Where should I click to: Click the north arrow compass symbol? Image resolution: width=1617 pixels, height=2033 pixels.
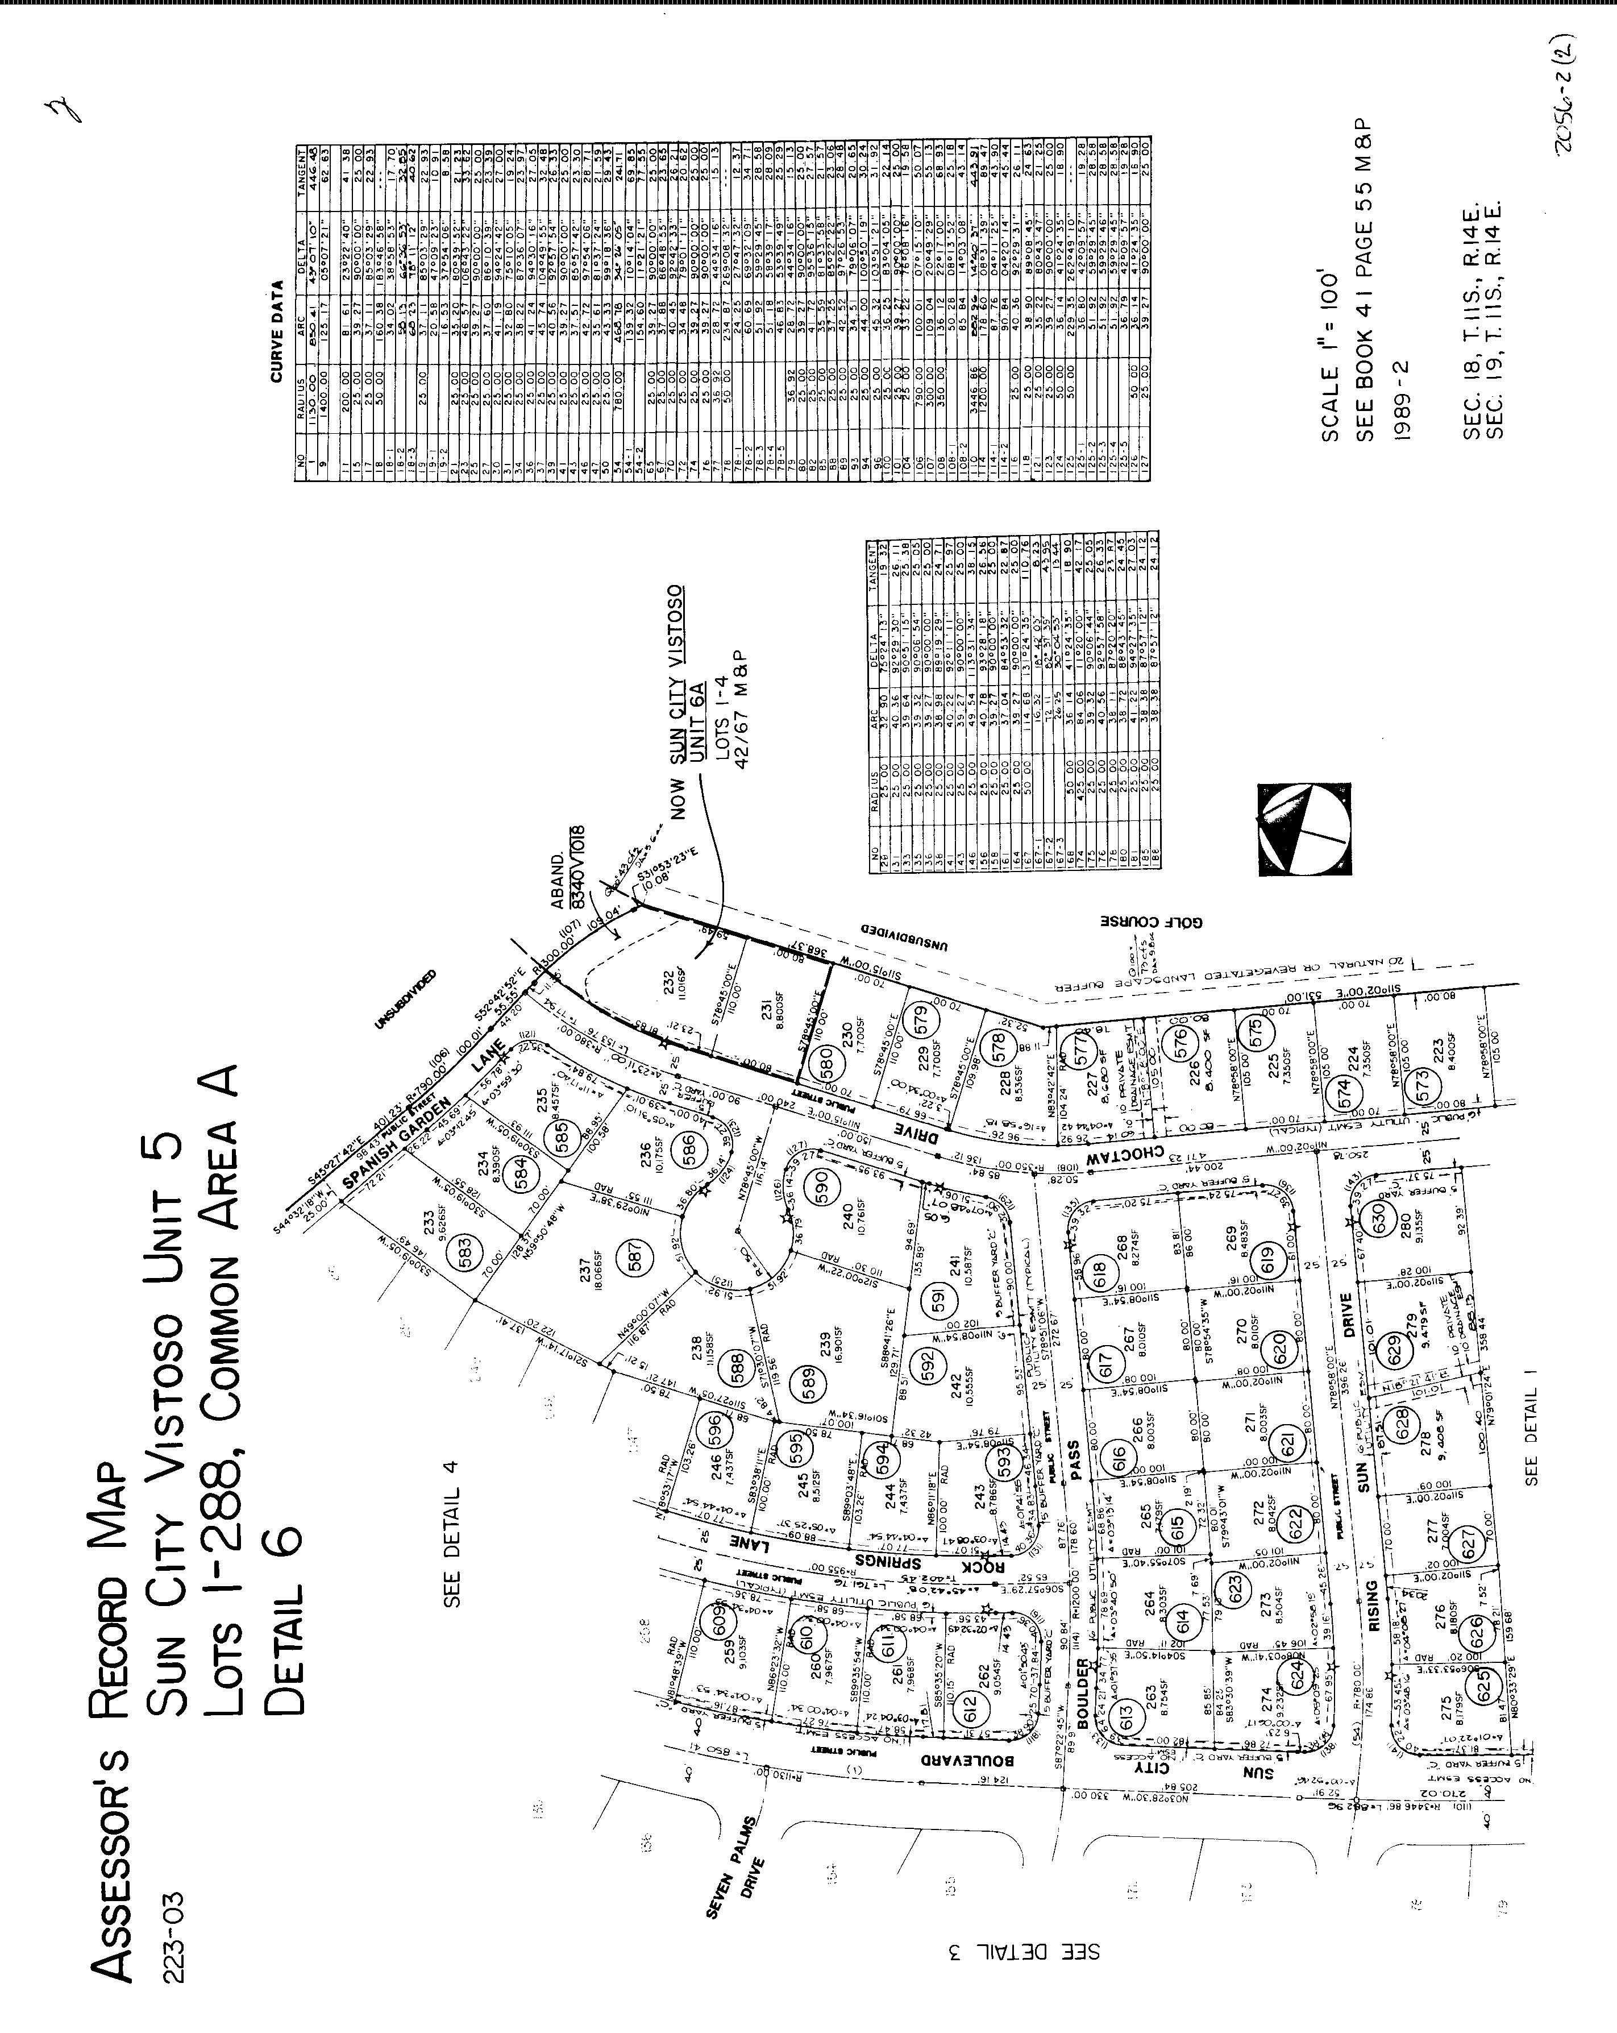tap(1304, 830)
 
